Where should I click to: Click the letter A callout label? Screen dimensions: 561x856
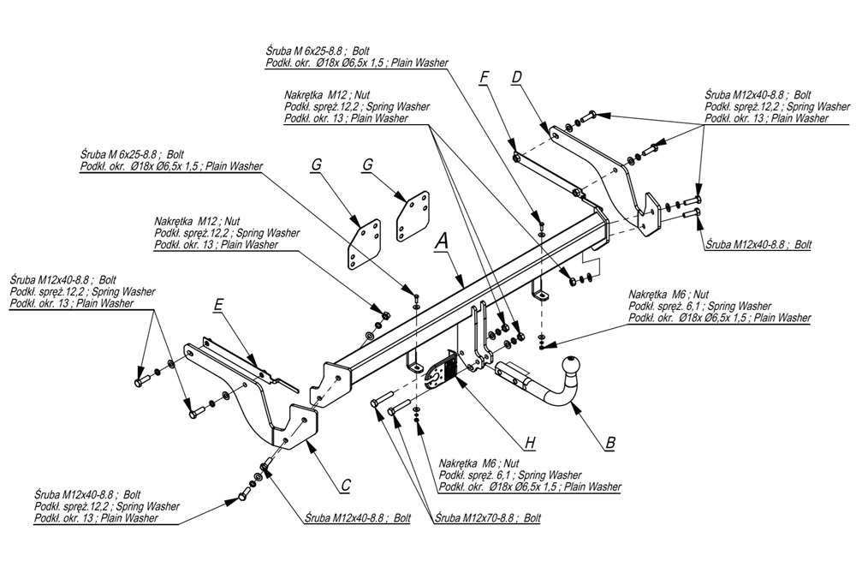[x=441, y=242]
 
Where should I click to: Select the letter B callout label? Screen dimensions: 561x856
[x=610, y=443]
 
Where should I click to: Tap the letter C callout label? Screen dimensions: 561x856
[x=345, y=486]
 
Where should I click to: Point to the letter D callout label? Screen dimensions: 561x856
[x=516, y=78]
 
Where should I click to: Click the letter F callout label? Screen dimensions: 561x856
[x=484, y=78]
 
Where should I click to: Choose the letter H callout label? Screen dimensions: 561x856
[x=531, y=442]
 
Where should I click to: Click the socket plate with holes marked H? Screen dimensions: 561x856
[x=440, y=373]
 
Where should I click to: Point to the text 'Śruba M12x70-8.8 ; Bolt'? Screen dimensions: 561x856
[x=487, y=518]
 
